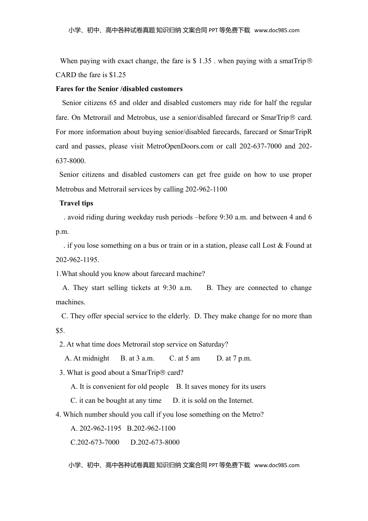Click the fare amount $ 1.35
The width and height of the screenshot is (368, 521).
pos(202,61)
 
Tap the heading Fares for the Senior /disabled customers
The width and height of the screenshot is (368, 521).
pos(119,89)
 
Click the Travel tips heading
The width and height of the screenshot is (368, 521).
pos(76,203)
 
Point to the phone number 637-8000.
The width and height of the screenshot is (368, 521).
pos(71,160)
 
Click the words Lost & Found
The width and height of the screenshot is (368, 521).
pos(284,245)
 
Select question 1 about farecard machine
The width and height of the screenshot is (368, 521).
pos(130,274)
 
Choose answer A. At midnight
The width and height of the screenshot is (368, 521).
pos(87,358)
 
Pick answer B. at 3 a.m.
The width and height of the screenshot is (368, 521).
pos(137,358)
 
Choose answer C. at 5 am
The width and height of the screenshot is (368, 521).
pos(184,358)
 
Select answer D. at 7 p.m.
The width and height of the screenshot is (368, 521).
pos(234,358)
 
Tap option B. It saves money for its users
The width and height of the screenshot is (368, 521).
pos(221,386)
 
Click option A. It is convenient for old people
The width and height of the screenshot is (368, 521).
pos(119,386)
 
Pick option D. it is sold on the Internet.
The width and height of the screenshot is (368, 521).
pos(213,400)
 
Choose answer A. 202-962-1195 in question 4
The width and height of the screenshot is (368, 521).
pos(96,428)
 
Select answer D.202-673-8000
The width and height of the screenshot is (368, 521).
pos(155,442)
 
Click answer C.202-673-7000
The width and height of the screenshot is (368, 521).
pos(95,442)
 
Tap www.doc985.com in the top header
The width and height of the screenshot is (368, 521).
pos(277,30)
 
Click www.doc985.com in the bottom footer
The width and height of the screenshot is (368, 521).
pos(277,465)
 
